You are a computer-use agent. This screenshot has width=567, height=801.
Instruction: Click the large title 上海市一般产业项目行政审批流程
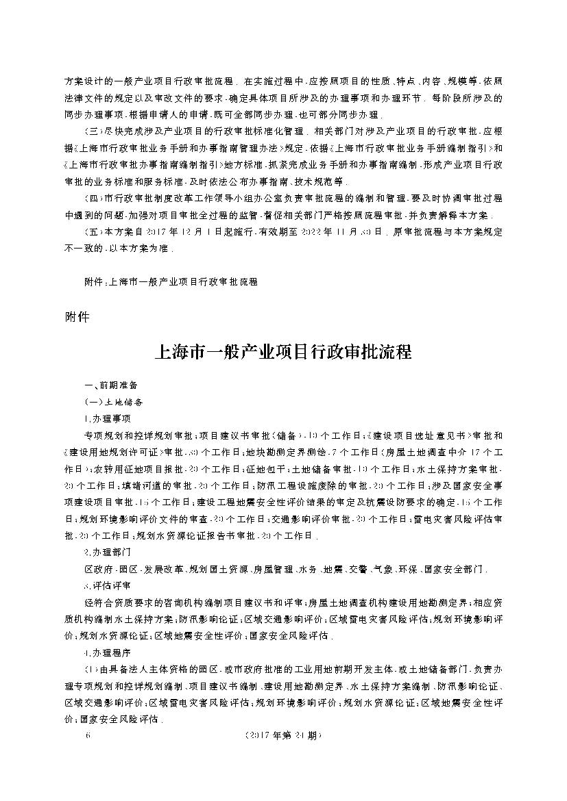[284, 353]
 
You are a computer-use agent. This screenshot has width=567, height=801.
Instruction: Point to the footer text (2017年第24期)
[282, 736]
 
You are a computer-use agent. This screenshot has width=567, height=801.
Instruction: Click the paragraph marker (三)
[91, 131]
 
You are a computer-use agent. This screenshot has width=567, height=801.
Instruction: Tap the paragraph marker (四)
[91, 199]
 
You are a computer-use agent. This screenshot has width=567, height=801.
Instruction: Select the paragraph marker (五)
[91, 232]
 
